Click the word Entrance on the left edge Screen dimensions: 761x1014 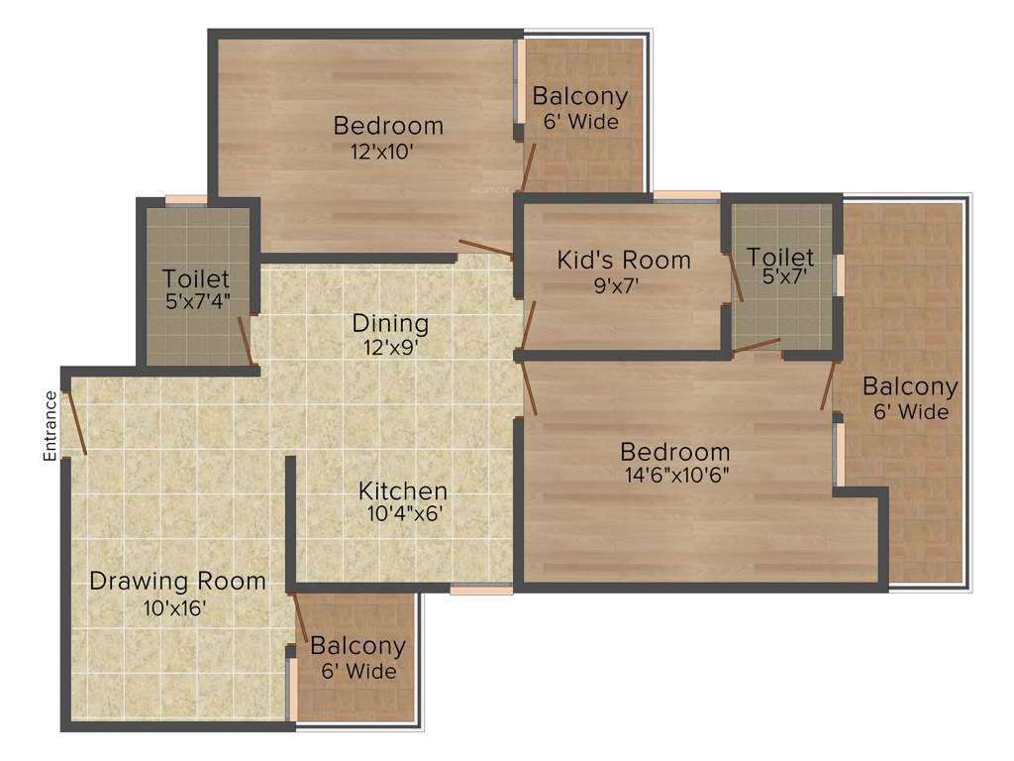[x=50, y=427]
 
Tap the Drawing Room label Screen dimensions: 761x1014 [x=177, y=582]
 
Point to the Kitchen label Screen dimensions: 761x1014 [x=403, y=490]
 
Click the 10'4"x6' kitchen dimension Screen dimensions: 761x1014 [x=403, y=513]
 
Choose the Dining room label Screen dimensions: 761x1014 [x=390, y=324]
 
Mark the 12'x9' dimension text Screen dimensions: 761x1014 [x=390, y=347]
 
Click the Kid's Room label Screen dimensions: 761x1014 [x=624, y=261]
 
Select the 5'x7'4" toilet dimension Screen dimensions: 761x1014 [x=196, y=302]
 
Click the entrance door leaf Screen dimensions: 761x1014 [x=75, y=423]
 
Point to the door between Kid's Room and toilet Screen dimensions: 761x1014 [x=735, y=275]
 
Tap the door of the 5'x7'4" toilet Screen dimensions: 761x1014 [x=245, y=342]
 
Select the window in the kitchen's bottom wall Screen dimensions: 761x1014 [x=481, y=590]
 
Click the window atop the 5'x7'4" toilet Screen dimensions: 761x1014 [x=186, y=200]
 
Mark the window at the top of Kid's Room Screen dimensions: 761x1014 [x=686, y=195]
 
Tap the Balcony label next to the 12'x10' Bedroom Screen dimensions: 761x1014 [x=580, y=97]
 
